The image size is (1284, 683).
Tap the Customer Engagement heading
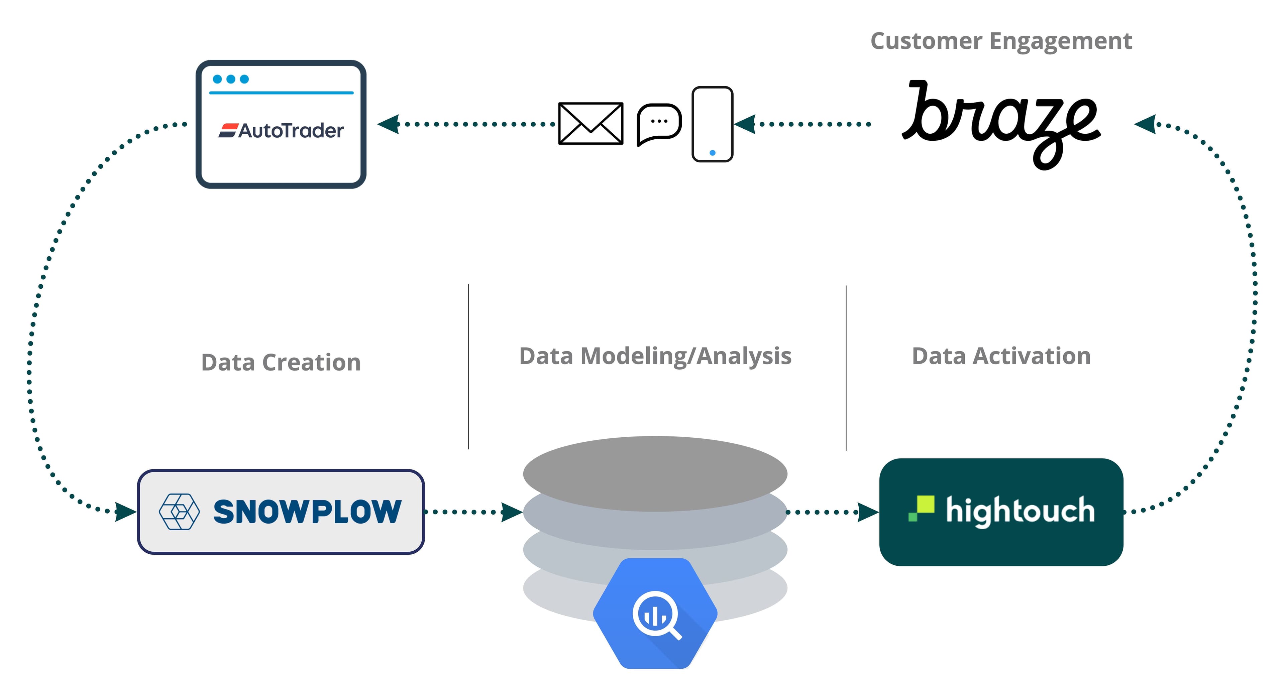1001,41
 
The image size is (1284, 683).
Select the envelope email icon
591,124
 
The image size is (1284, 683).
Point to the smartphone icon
712,124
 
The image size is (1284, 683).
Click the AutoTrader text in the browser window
292,131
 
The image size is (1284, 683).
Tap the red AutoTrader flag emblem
228,131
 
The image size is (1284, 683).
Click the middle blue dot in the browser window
231,79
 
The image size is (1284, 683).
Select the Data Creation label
281,362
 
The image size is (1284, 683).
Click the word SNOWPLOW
307,512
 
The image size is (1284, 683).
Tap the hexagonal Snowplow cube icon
179,512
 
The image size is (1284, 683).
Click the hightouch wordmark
1020,511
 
